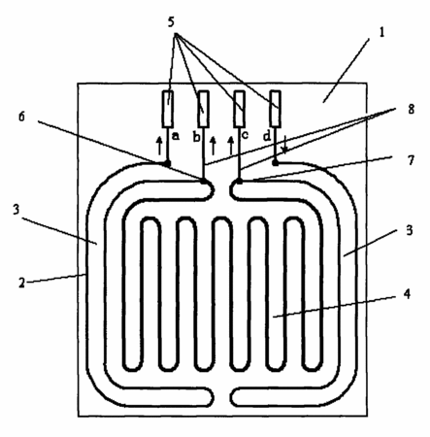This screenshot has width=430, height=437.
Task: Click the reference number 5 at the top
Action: (x=171, y=22)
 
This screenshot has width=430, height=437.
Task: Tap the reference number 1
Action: (x=382, y=32)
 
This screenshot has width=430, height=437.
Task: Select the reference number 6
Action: (x=21, y=117)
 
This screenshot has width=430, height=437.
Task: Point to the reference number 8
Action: (x=411, y=109)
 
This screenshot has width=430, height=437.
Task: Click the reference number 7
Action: (x=411, y=160)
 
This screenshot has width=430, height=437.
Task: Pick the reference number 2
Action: (x=21, y=283)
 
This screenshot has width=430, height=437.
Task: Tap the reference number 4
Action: (x=407, y=294)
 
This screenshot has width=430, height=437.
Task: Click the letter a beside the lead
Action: (x=176, y=136)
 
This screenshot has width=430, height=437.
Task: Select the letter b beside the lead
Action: (x=197, y=137)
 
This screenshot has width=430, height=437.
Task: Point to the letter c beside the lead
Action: (x=245, y=135)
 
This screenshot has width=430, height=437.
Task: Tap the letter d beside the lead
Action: (x=267, y=136)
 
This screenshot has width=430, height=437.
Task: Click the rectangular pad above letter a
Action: (x=168, y=109)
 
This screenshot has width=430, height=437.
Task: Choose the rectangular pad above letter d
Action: (x=276, y=109)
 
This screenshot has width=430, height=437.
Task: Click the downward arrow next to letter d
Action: (x=284, y=144)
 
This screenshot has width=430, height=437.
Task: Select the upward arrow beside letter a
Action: (x=159, y=146)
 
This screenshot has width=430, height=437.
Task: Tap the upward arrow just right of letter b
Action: (x=213, y=146)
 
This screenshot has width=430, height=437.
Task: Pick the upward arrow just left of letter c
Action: (x=231, y=146)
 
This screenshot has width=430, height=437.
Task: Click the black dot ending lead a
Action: (x=167, y=163)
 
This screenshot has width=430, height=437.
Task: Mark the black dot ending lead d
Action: (x=276, y=162)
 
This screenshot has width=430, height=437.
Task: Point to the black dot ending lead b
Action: (x=204, y=181)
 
